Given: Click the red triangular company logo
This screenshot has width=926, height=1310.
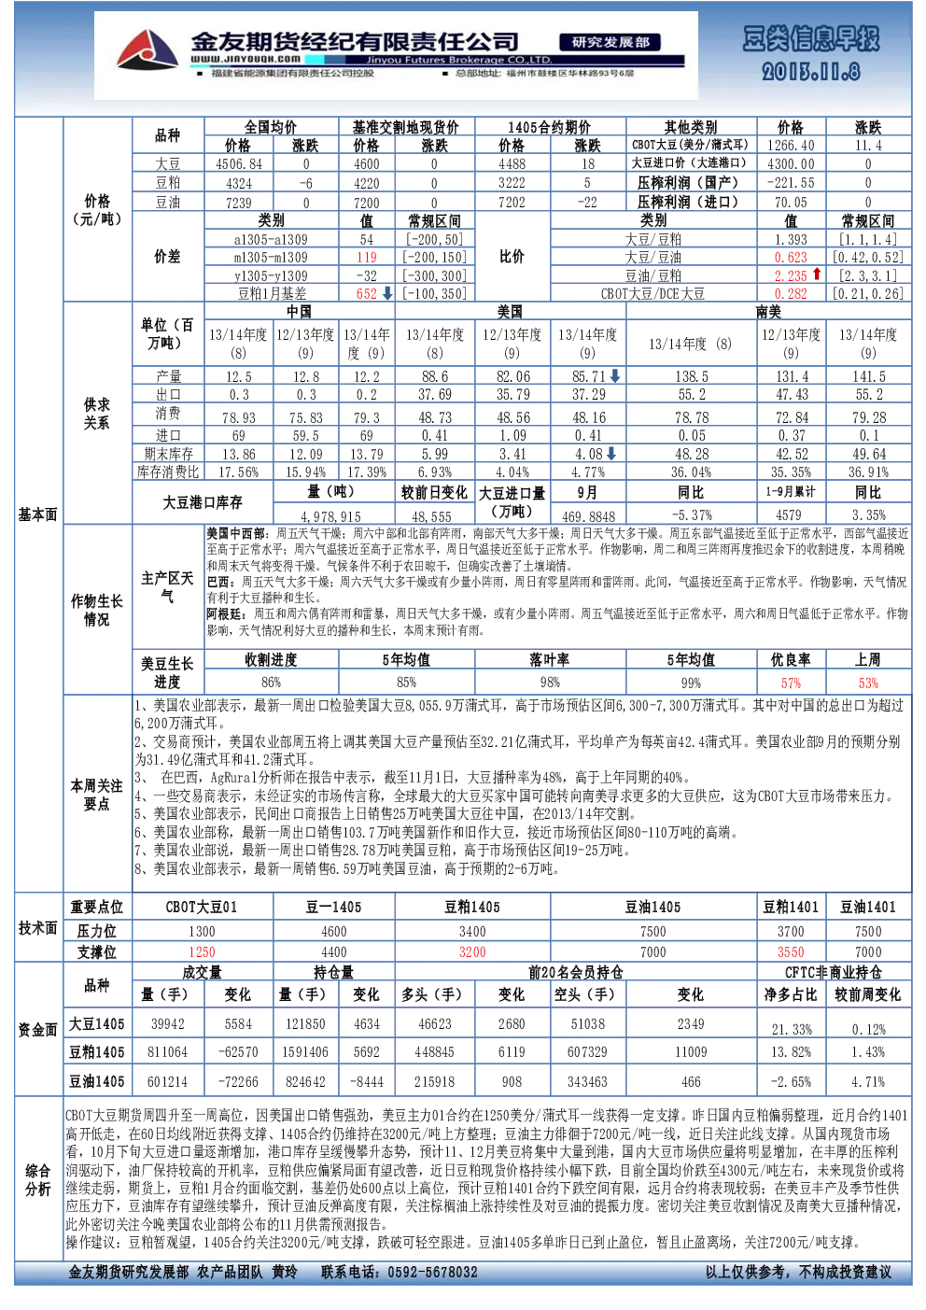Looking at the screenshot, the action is (x=147, y=50).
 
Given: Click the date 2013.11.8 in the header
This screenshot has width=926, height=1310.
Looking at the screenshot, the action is (x=810, y=72).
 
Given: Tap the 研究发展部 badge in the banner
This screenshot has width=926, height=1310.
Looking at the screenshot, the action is (x=610, y=42).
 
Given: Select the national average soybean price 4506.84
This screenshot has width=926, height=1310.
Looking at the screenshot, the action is (x=239, y=164).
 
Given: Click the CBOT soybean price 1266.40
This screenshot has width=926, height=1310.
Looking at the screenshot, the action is (x=791, y=146).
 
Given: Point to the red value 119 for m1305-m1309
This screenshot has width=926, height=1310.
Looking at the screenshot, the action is (x=367, y=258).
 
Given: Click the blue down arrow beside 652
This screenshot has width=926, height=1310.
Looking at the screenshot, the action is (x=387, y=293).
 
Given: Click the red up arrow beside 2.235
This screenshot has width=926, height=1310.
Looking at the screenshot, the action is (x=817, y=274).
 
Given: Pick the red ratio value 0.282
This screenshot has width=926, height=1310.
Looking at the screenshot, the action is (x=791, y=293).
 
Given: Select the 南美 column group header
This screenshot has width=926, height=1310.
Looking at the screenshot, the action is (x=768, y=312).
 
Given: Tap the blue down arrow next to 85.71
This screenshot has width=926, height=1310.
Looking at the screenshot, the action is (x=614, y=376).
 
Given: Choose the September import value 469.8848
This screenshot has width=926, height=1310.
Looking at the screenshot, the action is (x=588, y=516).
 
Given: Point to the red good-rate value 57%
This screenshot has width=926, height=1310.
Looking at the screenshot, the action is (x=791, y=683).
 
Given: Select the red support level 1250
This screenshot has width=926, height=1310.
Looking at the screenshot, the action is (x=202, y=952).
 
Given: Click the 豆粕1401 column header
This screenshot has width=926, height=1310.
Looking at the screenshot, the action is (x=791, y=907).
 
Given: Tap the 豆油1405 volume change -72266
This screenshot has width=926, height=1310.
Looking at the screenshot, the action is (x=238, y=1082).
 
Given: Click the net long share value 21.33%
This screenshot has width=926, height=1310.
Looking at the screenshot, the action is (x=791, y=1029).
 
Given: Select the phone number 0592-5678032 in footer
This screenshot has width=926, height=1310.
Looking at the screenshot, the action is (x=432, y=1272).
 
